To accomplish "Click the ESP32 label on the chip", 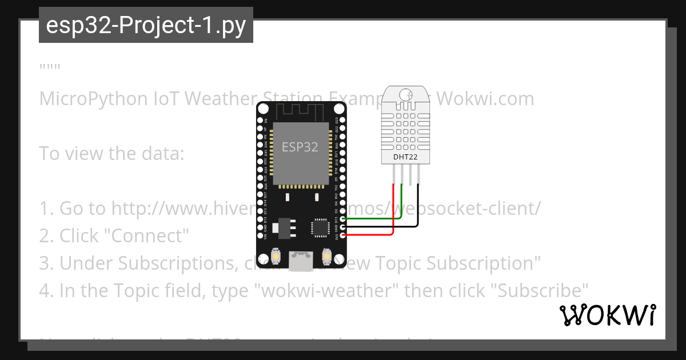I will point(300,147).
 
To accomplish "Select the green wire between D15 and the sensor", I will point(372,218).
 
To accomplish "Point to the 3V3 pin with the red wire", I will point(342,235).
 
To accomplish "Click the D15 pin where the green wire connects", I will point(342,218).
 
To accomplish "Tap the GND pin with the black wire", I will point(342,227).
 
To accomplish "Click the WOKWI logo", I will point(607,315).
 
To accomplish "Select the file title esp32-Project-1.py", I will point(146,25).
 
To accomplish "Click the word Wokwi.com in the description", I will point(485,98).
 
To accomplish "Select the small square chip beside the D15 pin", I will point(319,227).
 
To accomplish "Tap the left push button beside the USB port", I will point(276,257).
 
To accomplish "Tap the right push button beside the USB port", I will point(327,257).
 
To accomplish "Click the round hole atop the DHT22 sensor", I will point(405,94).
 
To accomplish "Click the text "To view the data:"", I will point(111,153).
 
